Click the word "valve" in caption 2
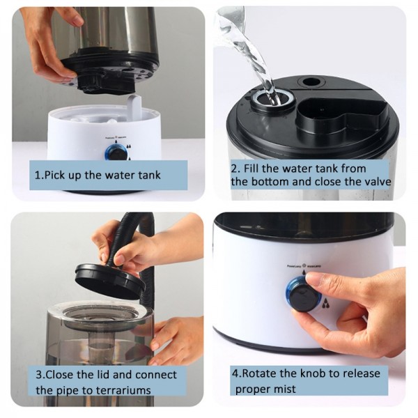point(373,181)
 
